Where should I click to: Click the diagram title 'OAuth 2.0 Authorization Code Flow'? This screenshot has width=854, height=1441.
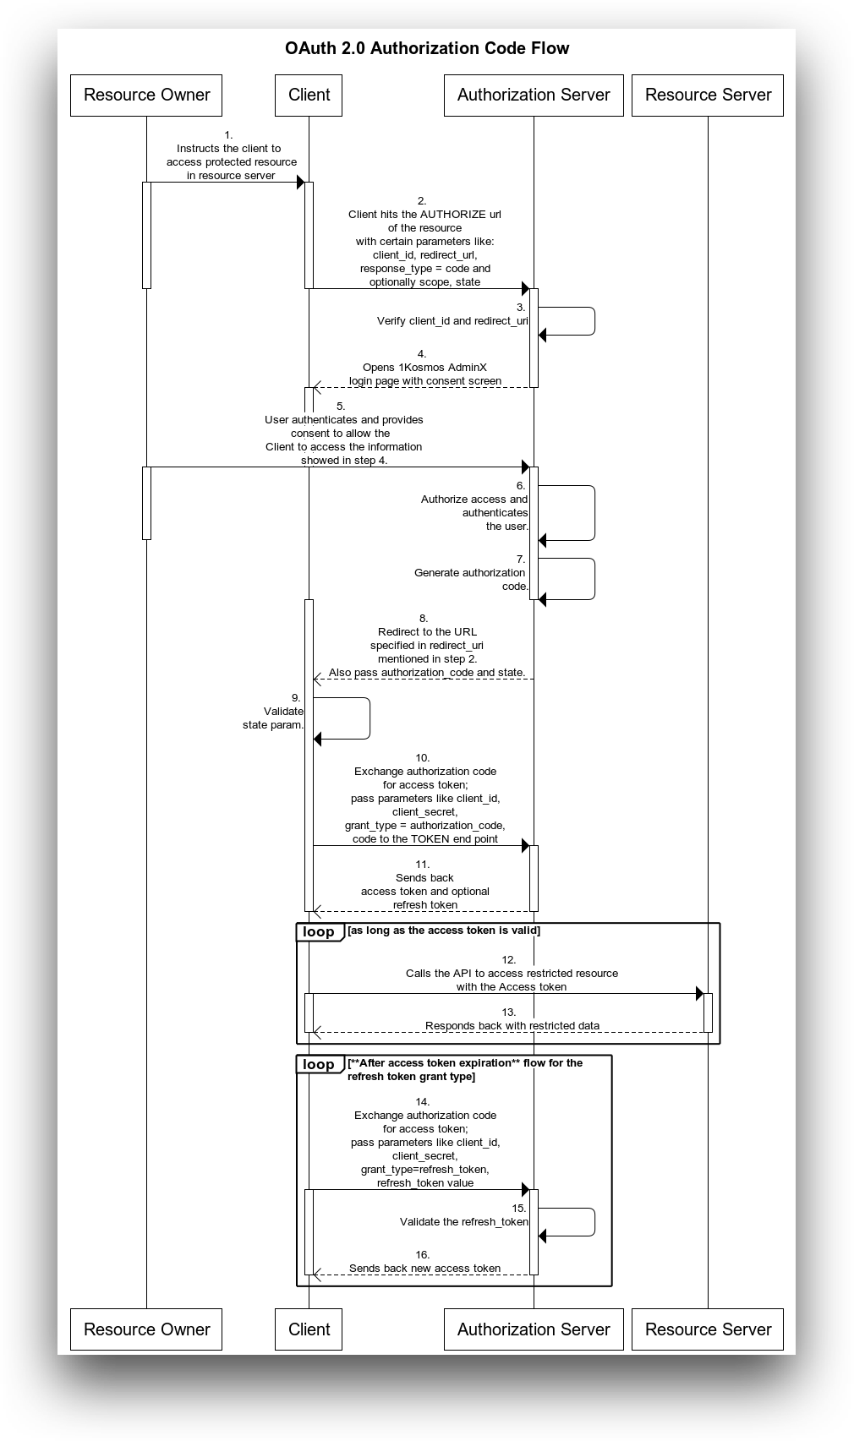pos(427,49)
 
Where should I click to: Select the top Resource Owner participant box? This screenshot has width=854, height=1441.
pos(146,95)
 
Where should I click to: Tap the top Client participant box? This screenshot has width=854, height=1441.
pos(309,95)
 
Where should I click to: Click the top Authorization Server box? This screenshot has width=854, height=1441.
pos(534,95)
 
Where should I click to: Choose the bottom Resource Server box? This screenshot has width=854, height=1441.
pos(708,1329)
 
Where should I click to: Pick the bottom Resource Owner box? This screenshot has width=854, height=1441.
pos(146,1329)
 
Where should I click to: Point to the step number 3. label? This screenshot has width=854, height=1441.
pos(521,308)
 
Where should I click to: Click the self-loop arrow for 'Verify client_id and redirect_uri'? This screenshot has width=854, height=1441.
pos(594,321)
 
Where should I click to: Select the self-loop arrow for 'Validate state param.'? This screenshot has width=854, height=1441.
pos(370,718)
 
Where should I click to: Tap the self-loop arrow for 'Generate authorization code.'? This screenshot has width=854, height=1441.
pos(594,579)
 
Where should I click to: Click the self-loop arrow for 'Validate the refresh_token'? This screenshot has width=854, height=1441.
pos(594,1222)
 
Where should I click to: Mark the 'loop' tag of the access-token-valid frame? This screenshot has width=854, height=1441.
pos(319,932)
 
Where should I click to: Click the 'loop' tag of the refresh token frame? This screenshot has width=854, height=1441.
pos(319,1064)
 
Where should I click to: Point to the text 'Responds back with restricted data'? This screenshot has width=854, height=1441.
pos(512,1026)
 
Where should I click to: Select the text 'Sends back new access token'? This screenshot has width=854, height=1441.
pos(424,1269)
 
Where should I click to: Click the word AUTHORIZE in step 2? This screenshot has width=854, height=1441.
pos(453,215)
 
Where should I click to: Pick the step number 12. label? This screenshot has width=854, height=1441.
pos(508,960)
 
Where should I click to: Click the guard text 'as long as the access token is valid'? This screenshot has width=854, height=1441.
pos(444,931)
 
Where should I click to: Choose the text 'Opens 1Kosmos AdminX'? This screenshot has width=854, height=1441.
pos(424,368)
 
